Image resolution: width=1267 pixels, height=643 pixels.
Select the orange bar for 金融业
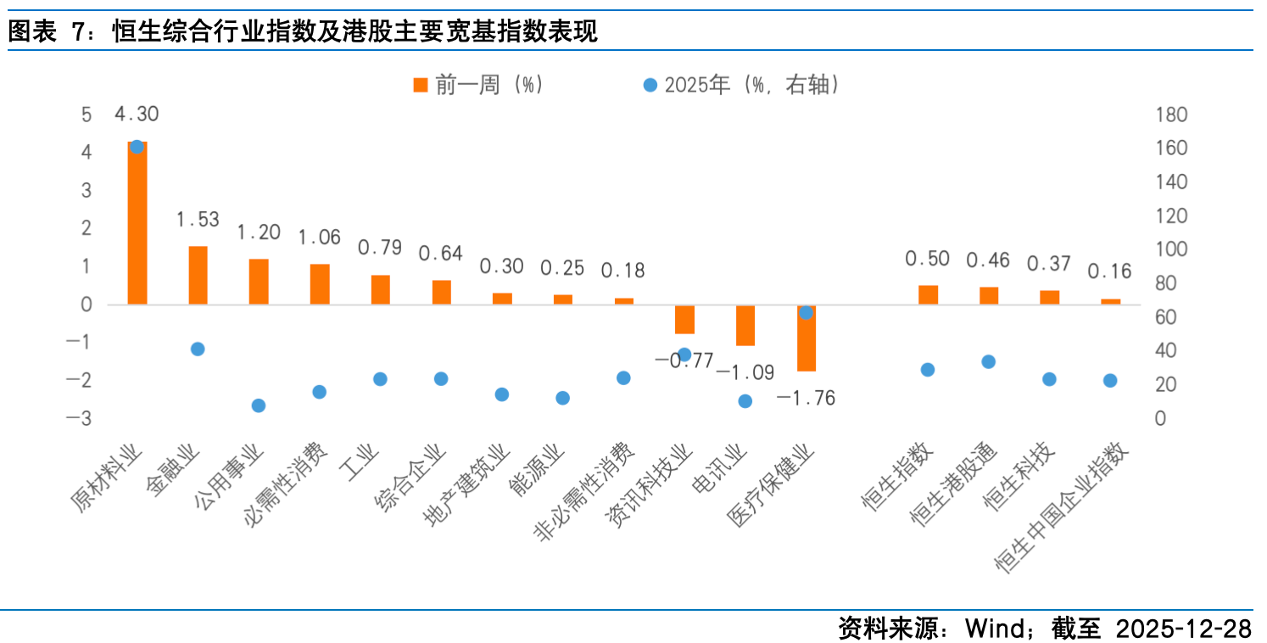click(x=198, y=275)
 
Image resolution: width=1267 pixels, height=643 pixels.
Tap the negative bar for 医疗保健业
click(x=807, y=338)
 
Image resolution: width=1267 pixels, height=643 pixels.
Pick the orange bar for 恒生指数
click(x=928, y=294)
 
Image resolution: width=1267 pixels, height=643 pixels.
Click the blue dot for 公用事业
click(x=259, y=405)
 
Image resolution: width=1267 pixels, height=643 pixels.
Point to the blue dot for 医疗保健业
click(x=807, y=313)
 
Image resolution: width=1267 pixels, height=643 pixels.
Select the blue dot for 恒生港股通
click(x=988, y=362)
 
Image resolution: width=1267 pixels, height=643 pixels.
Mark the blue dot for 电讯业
click(x=745, y=401)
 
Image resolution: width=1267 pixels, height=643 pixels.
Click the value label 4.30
click(x=137, y=115)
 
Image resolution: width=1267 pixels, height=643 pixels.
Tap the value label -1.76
click(x=806, y=398)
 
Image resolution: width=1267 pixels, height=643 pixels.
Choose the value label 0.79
click(x=380, y=248)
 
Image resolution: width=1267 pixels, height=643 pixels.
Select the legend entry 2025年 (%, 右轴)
click(x=743, y=85)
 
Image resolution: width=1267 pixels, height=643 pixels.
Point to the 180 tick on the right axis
click(x=1171, y=115)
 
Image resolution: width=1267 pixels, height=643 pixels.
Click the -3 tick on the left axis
click(x=86, y=418)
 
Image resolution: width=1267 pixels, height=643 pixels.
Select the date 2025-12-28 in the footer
click(x=1184, y=629)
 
